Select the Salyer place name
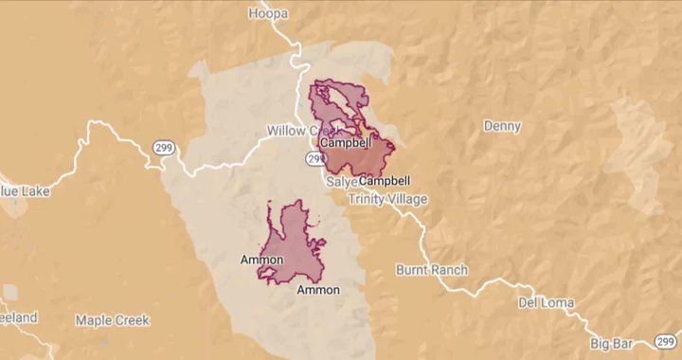[341, 181]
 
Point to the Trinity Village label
[387, 199]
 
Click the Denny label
[502, 126]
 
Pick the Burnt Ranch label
[432, 270]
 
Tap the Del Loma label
[545, 303]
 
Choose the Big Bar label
[612, 342]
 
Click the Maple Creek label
[113, 320]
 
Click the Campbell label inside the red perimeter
[346, 143]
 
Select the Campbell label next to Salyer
[386, 180]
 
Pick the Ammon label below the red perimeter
[318, 290]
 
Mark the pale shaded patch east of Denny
[637, 152]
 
